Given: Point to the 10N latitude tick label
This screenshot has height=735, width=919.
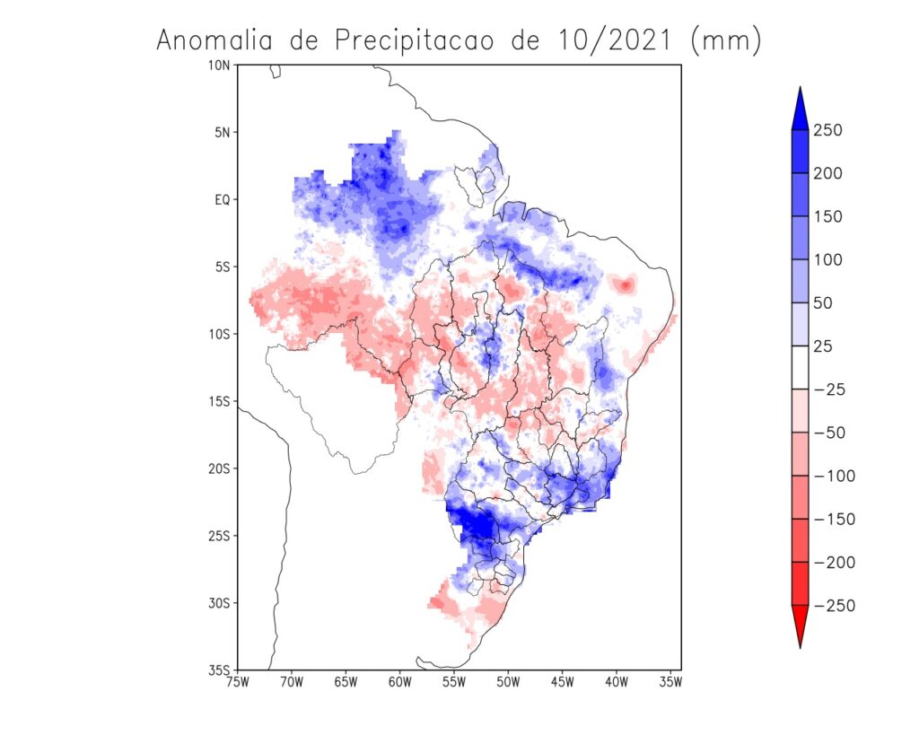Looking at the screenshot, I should pos(219,65).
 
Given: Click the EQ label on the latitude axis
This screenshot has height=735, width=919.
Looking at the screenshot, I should pos(222,199).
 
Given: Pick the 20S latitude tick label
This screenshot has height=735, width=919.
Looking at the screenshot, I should pos(219,468).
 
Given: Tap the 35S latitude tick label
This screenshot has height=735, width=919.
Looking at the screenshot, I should pos(219,670).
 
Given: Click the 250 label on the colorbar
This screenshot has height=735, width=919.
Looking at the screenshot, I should pos(827,131).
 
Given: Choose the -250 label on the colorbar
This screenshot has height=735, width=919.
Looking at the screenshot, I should pos(834,606).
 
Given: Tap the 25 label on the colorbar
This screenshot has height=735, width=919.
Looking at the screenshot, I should pos(823,346).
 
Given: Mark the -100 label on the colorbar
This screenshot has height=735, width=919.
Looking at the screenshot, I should pos(834,476).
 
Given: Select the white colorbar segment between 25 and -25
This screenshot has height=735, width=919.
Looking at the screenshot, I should pos(799,367).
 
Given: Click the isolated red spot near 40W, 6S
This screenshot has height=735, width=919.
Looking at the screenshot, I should pos(625,284).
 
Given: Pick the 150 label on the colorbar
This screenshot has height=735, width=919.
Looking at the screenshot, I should pos(827,217).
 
